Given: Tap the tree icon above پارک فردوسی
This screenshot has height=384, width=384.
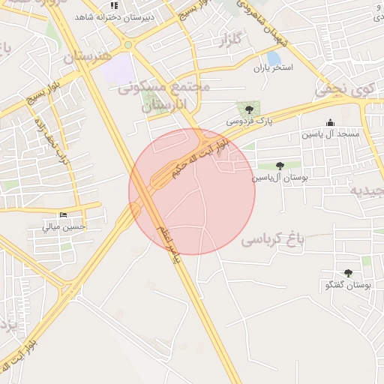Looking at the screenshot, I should point(249,109).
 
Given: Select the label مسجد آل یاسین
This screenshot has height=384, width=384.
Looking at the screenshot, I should point(331,134).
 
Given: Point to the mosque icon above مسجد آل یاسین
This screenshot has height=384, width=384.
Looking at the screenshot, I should point(330,123).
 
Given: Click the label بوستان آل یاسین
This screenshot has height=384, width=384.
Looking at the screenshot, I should point(280,178).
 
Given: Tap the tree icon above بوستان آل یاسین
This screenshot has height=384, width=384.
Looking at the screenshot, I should point(280,166).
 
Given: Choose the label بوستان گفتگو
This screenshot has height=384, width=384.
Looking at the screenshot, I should point(347,286).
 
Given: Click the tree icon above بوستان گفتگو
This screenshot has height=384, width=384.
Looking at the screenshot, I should point(347,274).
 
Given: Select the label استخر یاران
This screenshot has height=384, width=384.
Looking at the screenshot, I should point(272,68).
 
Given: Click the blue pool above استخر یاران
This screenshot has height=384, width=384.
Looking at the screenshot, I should point(274,56).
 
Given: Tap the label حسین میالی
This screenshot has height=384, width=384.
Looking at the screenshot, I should point(64,226).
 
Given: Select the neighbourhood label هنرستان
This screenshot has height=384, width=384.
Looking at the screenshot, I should point(87,56).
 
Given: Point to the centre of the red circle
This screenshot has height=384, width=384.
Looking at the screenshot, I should point(192,191).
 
